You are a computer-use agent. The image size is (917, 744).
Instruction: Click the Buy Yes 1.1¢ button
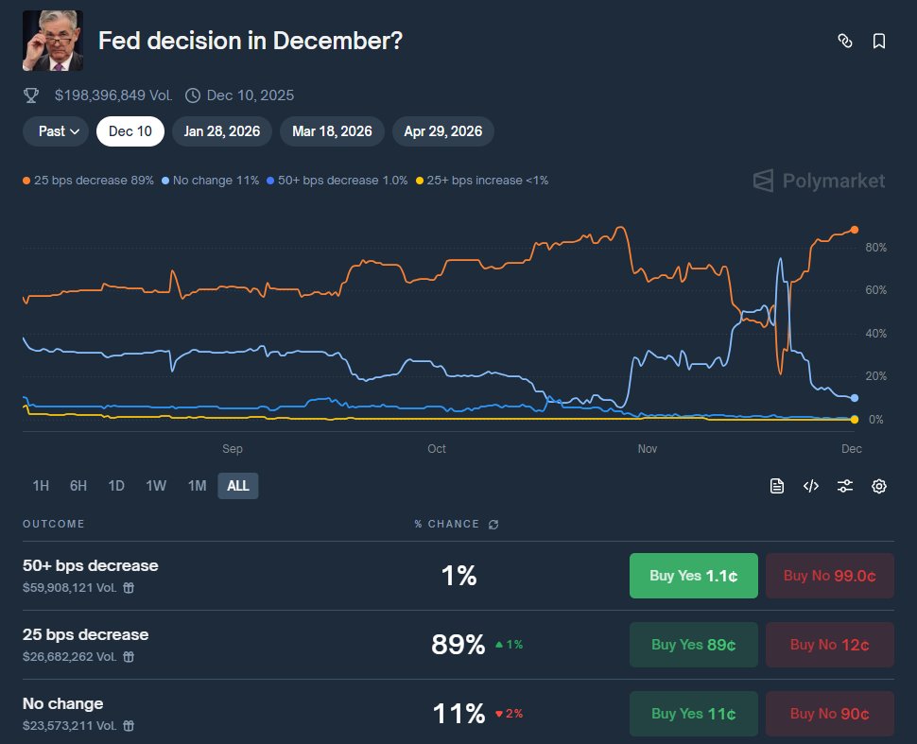pyautogui.click(x=693, y=576)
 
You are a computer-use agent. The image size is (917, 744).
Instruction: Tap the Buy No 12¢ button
pyautogui.click(x=829, y=645)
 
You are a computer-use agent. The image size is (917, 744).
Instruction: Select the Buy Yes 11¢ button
pyautogui.click(x=693, y=714)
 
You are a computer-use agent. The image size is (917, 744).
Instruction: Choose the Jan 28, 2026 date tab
pyautogui.click(x=222, y=131)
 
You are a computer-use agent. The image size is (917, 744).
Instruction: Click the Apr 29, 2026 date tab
pyautogui.click(x=442, y=131)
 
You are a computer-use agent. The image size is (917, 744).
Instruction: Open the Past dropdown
pyautogui.click(x=56, y=131)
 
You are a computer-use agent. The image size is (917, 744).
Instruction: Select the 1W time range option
pyautogui.click(x=156, y=486)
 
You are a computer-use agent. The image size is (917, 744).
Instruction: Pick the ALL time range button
pyautogui.click(x=238, y=486)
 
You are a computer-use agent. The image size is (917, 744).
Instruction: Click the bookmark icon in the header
pyautogui.click(x=879, y=41)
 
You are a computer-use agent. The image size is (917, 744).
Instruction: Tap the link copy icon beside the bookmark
pyautogui.click(x=845, y=41)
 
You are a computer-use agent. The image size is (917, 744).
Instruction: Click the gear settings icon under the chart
pyautogui.click(x=879, y=486)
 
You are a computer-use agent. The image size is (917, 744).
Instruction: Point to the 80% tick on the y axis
pyautogui.click(x=875, y=248)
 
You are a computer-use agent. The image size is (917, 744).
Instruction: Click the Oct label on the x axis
pyautogui.click(x=437, y=448)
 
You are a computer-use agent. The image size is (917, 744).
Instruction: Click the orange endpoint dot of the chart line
pyautogui.click(x=855, y=230)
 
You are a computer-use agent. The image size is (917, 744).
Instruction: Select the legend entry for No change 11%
pyautogui.click(x=211, y=180)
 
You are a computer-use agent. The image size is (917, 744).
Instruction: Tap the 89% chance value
pyautogui.click(x=458, y=645)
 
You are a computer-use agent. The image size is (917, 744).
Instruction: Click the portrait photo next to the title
pyautogui.click(x=53, y=41)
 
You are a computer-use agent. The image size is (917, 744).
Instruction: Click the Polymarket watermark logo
pyautogui.click(x=819, y=181)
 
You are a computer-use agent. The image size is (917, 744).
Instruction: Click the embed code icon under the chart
pyautogui.click(x=811, y=486)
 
